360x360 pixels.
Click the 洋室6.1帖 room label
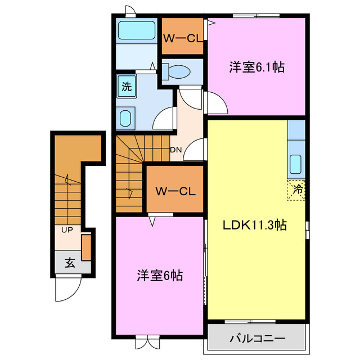256,67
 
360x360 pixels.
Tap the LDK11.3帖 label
255,225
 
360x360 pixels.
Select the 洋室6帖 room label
160,276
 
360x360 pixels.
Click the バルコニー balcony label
257,339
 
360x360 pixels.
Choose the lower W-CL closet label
175,191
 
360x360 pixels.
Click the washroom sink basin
127,118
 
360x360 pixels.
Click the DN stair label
175,150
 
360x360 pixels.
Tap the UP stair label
67,231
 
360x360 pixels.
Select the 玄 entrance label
69,262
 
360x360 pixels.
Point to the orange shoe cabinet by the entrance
86,247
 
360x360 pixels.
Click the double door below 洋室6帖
144,342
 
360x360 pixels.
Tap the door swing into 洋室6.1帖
217,102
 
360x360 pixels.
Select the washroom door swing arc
163,116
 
